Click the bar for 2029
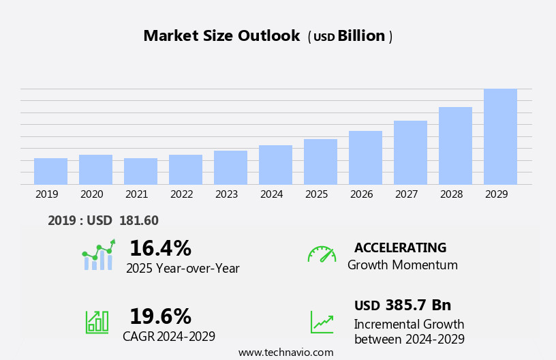[x=500, y=136]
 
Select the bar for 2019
[x=50, y=171]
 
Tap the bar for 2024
[x=275, y=164]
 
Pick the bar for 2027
[x=410, y=152]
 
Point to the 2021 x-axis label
[x=136, y=194]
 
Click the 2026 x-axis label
[x=361, y=194]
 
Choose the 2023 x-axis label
[x=226, y=194]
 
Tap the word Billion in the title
[x=361, y=36]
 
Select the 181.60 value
[x=138, y=220]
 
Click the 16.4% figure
[x=160, y=248]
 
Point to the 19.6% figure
[x=160, y=316]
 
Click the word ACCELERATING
[x=400, y=247]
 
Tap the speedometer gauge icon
[x=322, y=254]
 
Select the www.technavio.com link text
[x=285, y=352]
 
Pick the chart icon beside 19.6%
[x=97, y=321]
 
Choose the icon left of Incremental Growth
[x=322, y=322]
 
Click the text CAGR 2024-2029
[x=169, y=336]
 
